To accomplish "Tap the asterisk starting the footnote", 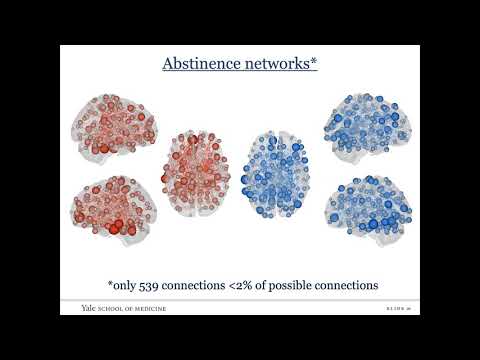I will click(x=110, y=283).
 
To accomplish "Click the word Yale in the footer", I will click(x=91, y=308).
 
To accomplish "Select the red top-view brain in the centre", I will click(x=197, y=172).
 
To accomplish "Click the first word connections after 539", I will click(x=210, y=285).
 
